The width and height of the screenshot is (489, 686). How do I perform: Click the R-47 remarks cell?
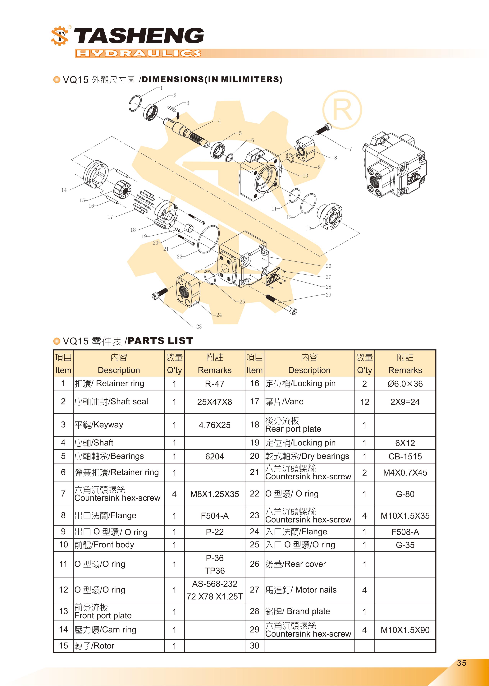(214, 384)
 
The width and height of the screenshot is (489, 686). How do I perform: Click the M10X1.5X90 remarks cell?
(405, 630)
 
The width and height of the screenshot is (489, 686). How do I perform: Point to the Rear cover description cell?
(309, 564)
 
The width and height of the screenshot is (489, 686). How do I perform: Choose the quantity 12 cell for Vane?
(364, 402)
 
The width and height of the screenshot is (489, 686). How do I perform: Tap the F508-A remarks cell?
(405, 532)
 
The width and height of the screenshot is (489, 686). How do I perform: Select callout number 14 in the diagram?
(64, 190)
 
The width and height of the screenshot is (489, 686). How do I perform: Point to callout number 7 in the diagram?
(350, 149)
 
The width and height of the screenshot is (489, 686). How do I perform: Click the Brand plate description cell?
(309, 611)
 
